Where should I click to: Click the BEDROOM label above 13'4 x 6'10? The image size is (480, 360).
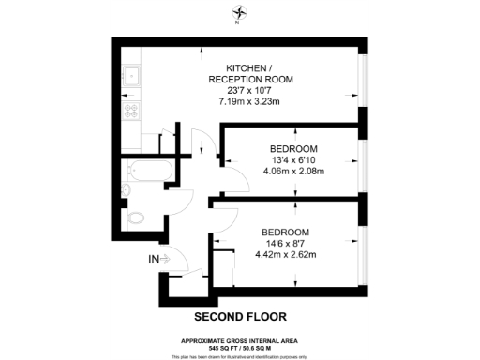click(x=293, y=148)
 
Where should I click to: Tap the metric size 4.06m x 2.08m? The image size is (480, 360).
click(x=293, y=171)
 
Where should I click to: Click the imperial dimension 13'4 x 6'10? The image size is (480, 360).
click(x=293, y=159)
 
